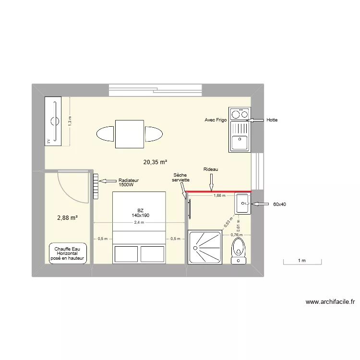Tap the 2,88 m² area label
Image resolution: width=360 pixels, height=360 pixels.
[67, 217]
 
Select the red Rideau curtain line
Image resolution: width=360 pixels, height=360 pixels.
[218, 192]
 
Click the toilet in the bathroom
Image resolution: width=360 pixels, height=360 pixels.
[238, 250]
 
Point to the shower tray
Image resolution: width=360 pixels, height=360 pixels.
[205, 247]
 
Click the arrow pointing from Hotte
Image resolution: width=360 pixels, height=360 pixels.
[258, 120]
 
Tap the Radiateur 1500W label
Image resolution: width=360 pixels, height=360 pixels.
[129, 182]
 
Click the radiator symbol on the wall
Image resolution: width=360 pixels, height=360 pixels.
[96, 186]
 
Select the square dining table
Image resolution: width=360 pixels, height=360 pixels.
[130, 134]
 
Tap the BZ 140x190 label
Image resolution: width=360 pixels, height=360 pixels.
[140, 213]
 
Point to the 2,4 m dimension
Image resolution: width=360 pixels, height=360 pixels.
[139, 223]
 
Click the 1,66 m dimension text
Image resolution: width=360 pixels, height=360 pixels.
[219, 195]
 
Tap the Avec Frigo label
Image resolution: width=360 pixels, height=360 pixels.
[216, 120]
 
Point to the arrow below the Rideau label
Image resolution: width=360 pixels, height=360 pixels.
[211, 182]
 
